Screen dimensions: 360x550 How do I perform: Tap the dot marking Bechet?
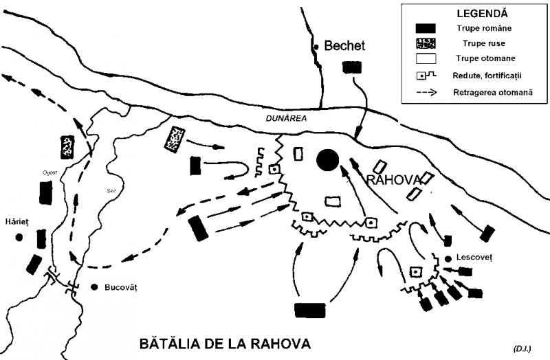(x=316, y=46)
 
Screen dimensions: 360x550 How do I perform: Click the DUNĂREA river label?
(x=285, y=118)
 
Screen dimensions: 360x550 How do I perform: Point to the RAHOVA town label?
(x=392, y=180)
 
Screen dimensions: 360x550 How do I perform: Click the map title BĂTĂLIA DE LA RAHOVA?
(x=225, y=343)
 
